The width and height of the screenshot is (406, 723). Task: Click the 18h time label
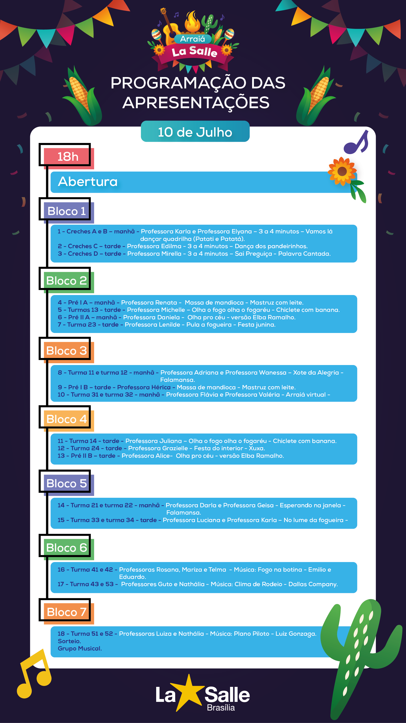[68, 156]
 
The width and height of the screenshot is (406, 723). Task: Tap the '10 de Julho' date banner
[195, 131]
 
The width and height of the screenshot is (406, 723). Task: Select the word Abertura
[88, 181]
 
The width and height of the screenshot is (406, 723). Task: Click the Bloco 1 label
[67, 211]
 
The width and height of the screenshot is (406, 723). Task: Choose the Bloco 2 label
[67, 281]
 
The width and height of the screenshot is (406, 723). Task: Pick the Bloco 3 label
[67, 350]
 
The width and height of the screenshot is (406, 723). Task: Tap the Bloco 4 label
[67, 419]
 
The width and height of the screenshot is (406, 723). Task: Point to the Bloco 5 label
[67, 483]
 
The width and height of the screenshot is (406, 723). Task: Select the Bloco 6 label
[67, 548]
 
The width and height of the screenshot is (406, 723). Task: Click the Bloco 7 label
[67, 612]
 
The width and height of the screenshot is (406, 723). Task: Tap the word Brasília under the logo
[221, 708]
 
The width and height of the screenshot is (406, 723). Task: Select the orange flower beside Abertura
[342, 171]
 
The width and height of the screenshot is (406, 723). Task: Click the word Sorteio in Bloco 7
[69, 641]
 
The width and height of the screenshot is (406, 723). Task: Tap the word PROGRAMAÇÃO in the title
[178, 84]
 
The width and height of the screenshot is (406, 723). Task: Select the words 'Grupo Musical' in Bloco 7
[80, 648]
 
